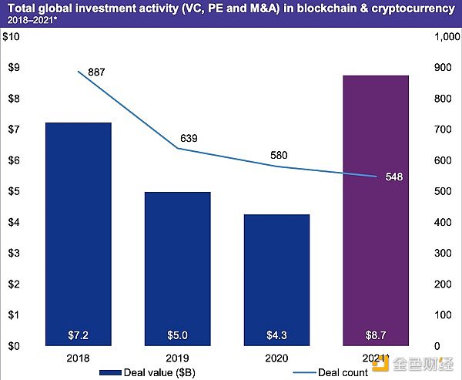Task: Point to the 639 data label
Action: [x=189, y=139]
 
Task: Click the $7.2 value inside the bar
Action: [x=79, y=336]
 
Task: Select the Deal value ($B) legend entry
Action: [x=154, y=372]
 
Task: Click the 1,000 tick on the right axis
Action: [x=446, y=37]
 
